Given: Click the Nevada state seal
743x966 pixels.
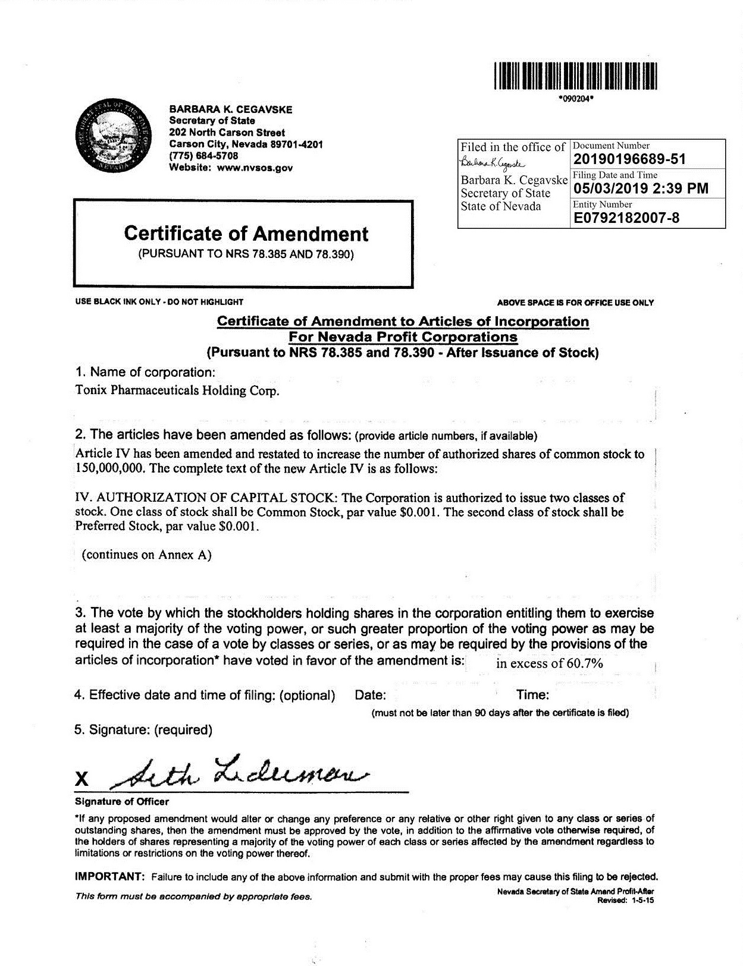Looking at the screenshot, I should (114, 136).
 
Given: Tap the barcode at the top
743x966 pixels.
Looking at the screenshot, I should (576, 75).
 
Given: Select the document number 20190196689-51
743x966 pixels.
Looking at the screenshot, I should (629, 159).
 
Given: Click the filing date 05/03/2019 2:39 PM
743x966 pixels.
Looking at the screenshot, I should (641, 189).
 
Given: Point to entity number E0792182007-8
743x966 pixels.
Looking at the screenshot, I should (626, 218).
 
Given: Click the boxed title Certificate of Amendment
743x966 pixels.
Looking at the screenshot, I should (246, 234).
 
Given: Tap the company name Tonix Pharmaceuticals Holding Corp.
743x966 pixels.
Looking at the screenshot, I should (177, 391).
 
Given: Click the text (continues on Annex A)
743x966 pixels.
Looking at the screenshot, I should (146, 555).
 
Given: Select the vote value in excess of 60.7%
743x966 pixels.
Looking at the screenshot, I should (549, 663).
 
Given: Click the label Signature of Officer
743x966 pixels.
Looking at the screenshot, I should (122, 802).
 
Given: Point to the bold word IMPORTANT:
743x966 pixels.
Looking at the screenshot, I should (109, 877).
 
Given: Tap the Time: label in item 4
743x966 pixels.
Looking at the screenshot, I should (532, 695).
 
